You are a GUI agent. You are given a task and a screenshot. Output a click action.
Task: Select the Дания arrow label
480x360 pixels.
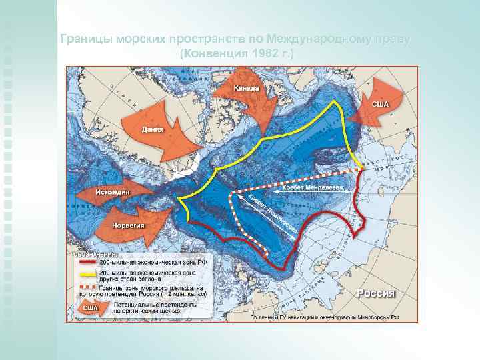click(153, 128)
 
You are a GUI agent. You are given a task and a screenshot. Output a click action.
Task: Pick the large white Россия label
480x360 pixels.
click(377, 293)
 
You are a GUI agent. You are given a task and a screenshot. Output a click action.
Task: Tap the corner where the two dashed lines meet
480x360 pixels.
click(231, 194)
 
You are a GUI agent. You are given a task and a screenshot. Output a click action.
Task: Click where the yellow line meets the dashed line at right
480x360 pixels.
click(362, 168)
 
